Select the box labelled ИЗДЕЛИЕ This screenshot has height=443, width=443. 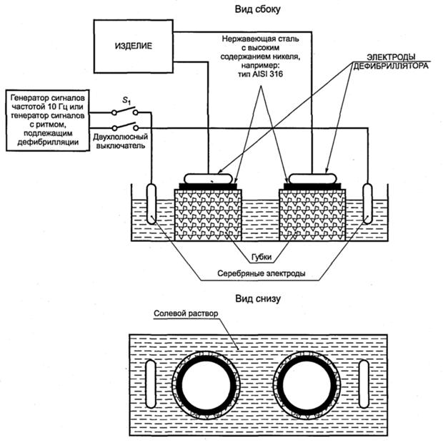134,46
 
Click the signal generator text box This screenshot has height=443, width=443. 49,120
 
